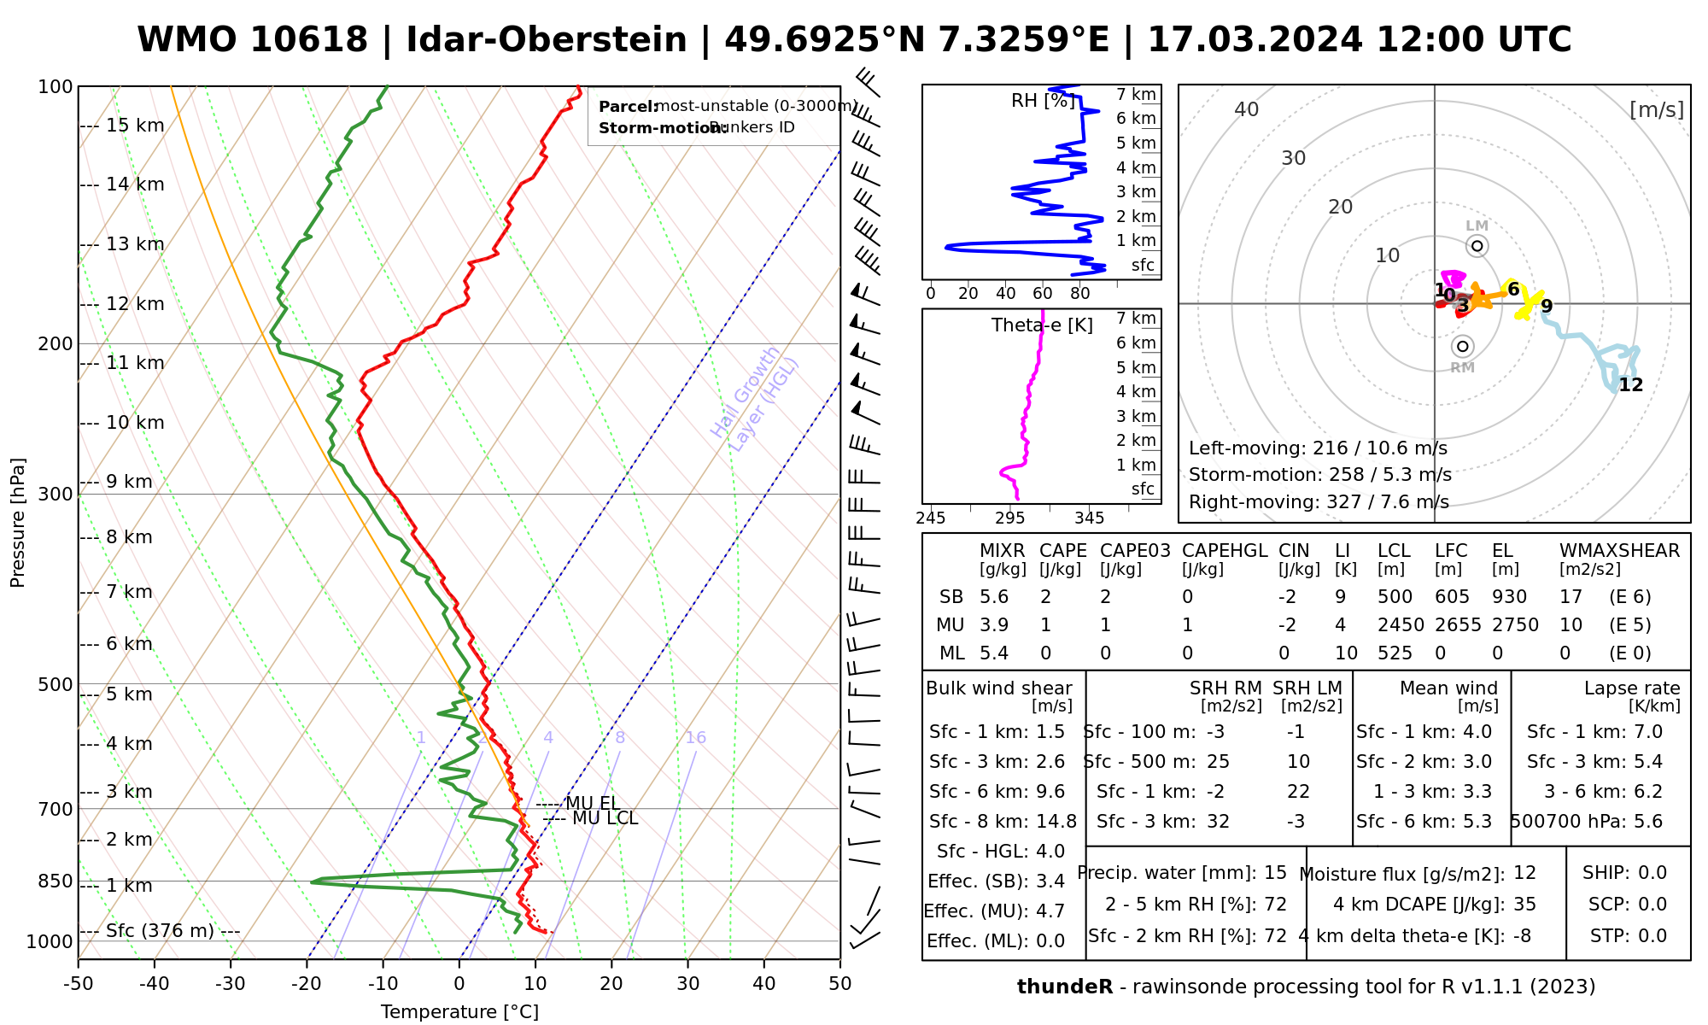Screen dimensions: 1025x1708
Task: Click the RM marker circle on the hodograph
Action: [x=1463, y=346]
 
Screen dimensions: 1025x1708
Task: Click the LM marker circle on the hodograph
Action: [x=1477, y=246]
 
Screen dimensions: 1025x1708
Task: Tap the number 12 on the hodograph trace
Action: [x=1630, y=385]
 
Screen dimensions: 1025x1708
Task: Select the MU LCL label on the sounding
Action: [x=605, y=818]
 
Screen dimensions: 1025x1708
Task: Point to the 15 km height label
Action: [x=135, y=126]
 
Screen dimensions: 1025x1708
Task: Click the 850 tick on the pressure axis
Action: [x=56, y=881]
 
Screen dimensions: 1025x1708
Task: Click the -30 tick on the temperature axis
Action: [x=231, y=984]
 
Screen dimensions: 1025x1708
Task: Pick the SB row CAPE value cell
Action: [x=1045, y=597]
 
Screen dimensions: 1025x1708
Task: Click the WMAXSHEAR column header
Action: [x=1619, y=551]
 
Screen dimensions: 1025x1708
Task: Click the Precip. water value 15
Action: [x=1275, y=873]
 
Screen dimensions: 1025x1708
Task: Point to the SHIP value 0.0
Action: [x=1652, y=873]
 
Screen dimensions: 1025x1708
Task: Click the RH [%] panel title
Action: [x=1042, y=101]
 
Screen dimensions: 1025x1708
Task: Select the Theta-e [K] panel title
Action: [x=1042, y=325]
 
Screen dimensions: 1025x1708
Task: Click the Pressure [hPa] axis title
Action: [x=18, y=523]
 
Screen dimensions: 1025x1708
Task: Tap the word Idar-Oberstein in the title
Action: [x=547, y=40]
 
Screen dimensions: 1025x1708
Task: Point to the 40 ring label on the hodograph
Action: [x=1247, y=109]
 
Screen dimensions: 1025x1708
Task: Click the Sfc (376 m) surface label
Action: [x=160, y=931]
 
